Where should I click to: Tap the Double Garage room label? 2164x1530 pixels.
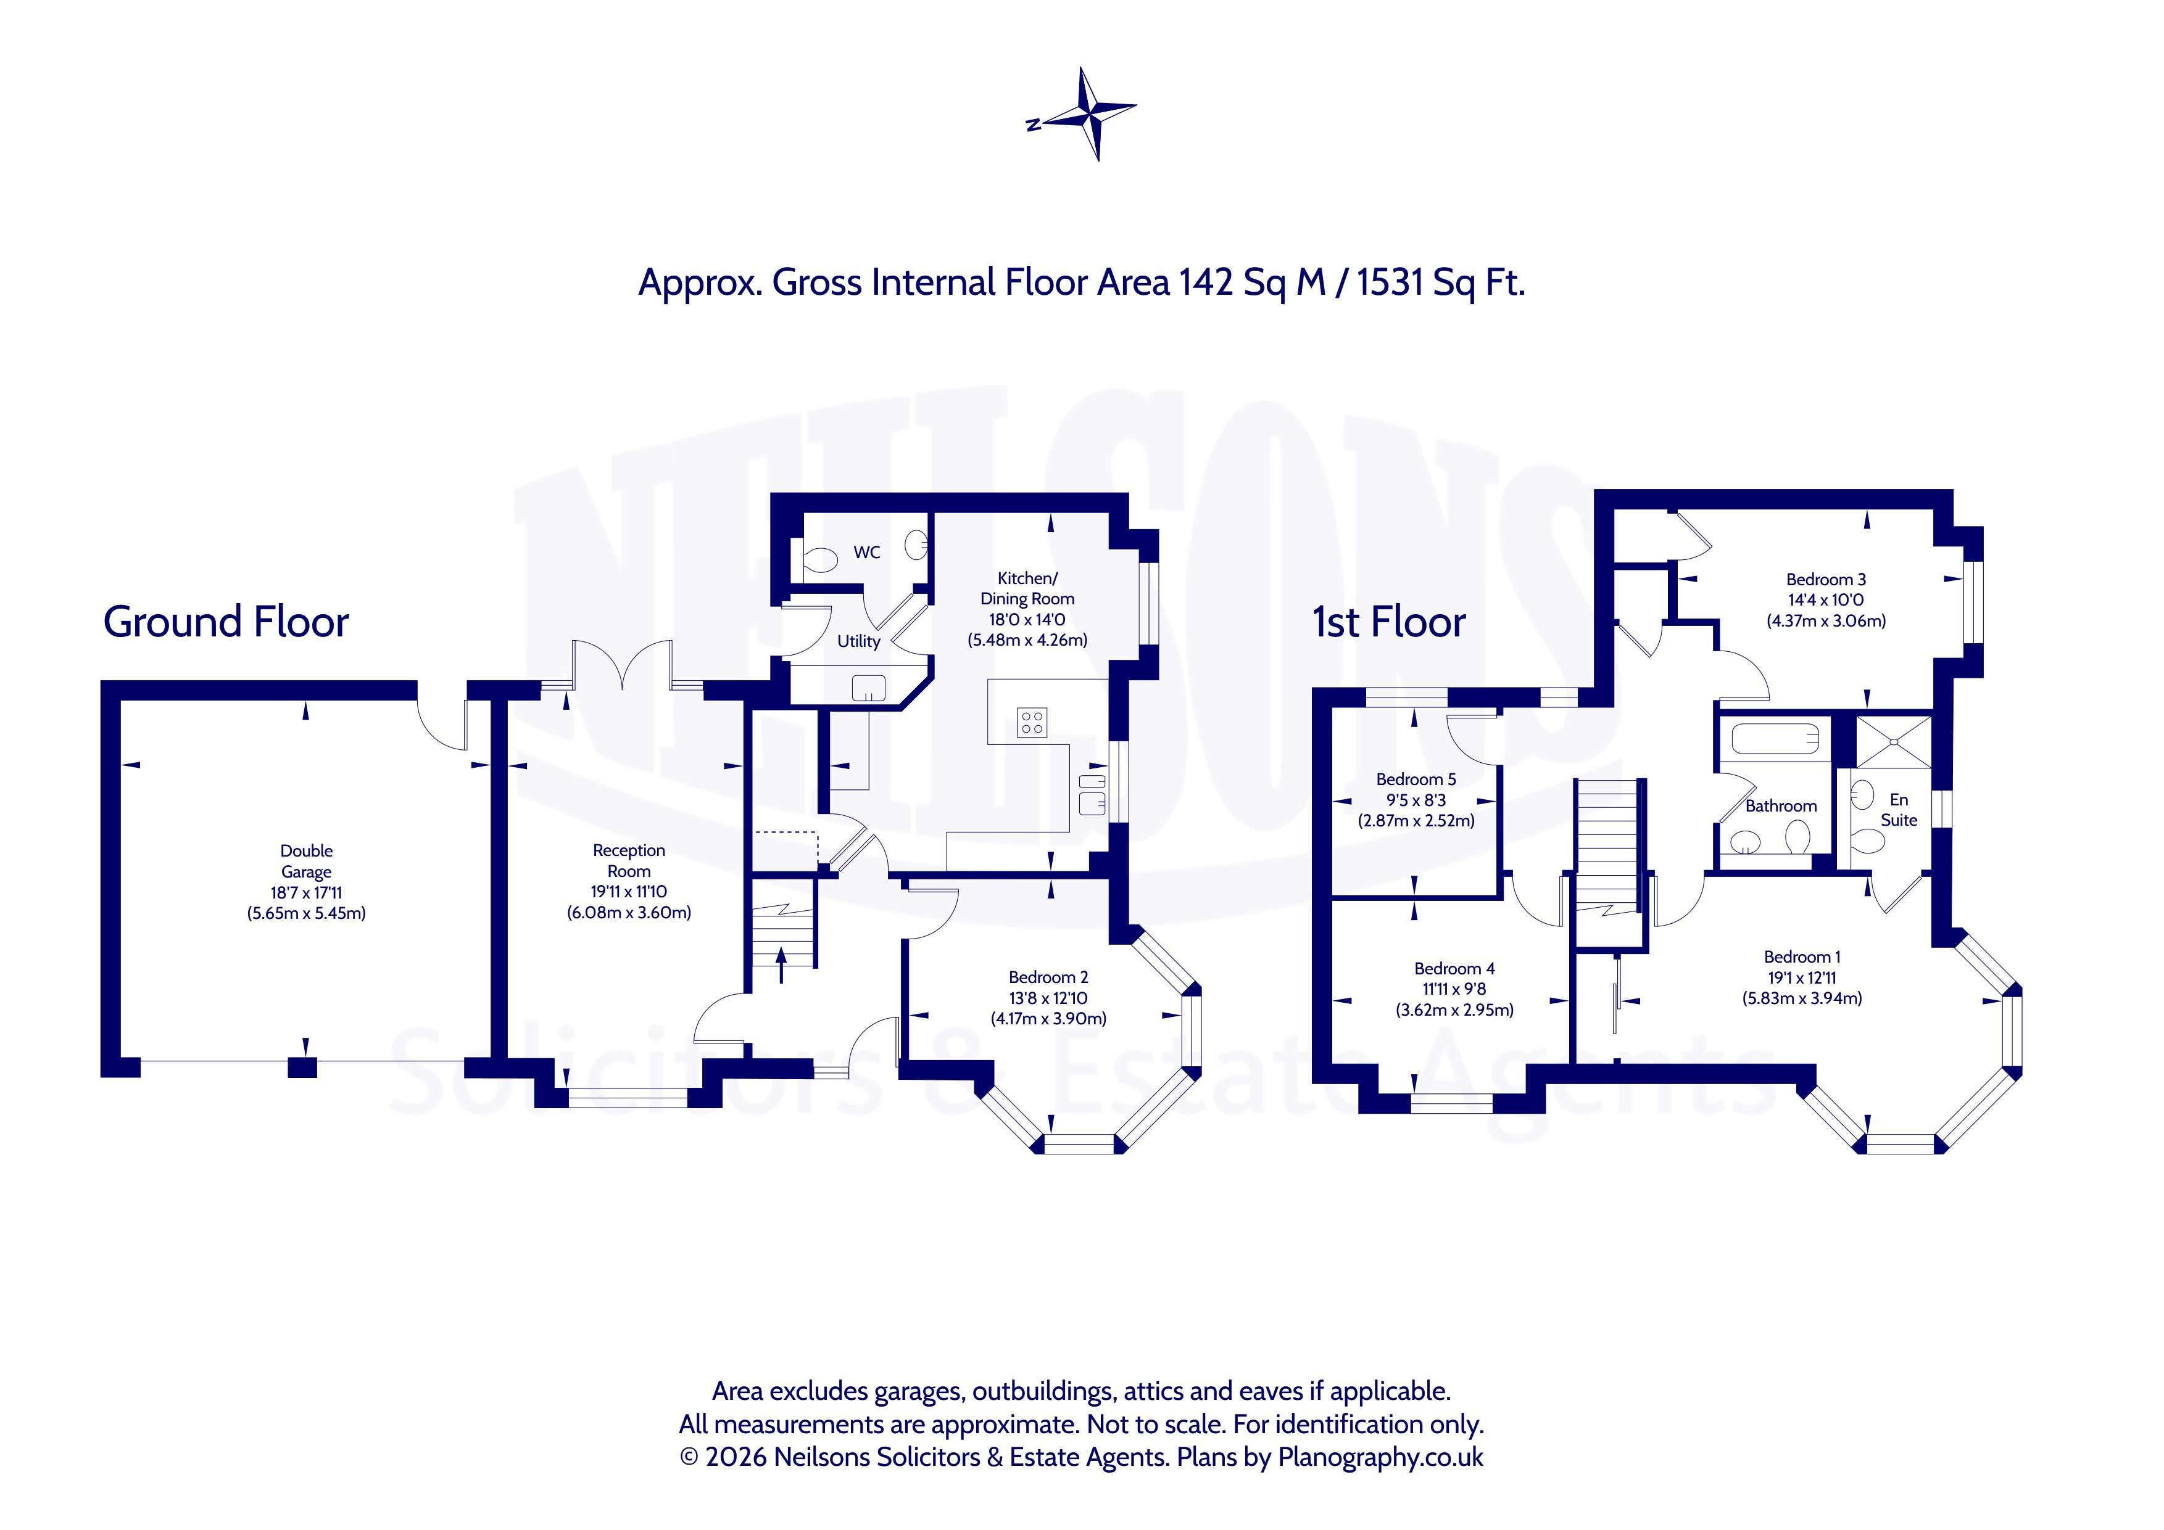[306, 861]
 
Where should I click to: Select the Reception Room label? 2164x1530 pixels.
[629, 860]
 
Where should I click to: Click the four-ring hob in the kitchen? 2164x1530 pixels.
[1032, 723]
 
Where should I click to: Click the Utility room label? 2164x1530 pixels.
[858, 641]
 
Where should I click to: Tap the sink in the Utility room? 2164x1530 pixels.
[868, 688]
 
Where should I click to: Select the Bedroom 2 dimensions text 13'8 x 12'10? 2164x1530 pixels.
[1048, 998]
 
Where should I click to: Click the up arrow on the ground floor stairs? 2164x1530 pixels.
[781, 966]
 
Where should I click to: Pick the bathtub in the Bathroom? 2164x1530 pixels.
[1775, 739]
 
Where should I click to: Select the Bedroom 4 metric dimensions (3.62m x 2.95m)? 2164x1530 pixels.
[1454, 1010]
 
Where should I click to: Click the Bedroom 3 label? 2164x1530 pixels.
[1826, 580]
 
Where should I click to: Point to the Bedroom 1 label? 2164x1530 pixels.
[1802, 956]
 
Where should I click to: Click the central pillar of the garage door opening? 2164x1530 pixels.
[302, 1067]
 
